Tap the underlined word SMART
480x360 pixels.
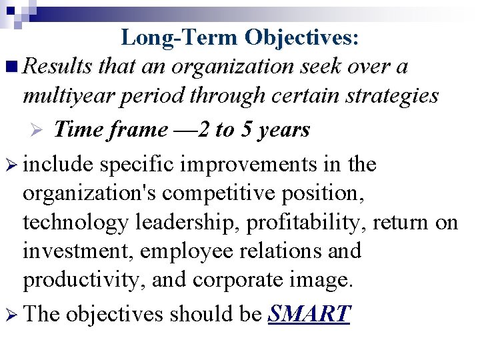[309, 313]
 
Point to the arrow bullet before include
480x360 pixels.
[11, 165]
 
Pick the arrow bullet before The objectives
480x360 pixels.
[11, 313]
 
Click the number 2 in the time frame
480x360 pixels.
[207, 129]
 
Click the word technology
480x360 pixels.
[74, 223]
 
